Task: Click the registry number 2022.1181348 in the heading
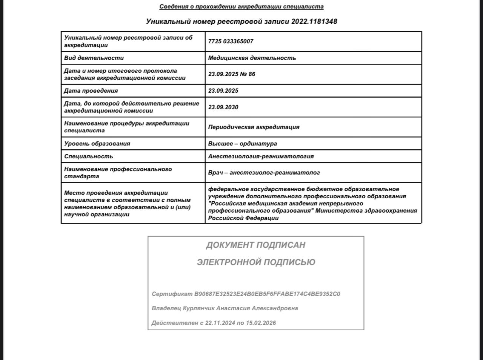pos(314,21)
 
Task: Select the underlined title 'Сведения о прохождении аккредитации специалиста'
pos(241,6)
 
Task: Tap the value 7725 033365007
pos(231,41)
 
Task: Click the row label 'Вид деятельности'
pos(94,58)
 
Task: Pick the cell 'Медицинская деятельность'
pos(252,58)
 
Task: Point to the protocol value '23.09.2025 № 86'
pos(232,74)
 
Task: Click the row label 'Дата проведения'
pos(91,91)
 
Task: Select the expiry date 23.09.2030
pos(223,107)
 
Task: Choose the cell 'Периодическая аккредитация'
pos(254,127)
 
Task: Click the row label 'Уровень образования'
pos(97,144)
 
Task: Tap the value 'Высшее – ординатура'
pos(243,144)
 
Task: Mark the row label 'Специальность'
pos(89,156)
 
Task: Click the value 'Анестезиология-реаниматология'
pos(261,156)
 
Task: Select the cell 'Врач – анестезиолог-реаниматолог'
pos(264,173)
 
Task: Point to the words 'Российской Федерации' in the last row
pos(243,218)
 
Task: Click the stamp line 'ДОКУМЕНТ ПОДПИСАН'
pos(255,245)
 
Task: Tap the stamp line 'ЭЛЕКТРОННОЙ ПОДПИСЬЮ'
pos(256,262)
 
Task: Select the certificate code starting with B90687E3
pos(267,294)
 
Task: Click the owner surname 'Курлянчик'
pos(198,308)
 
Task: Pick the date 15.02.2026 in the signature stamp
pos(261,323)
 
